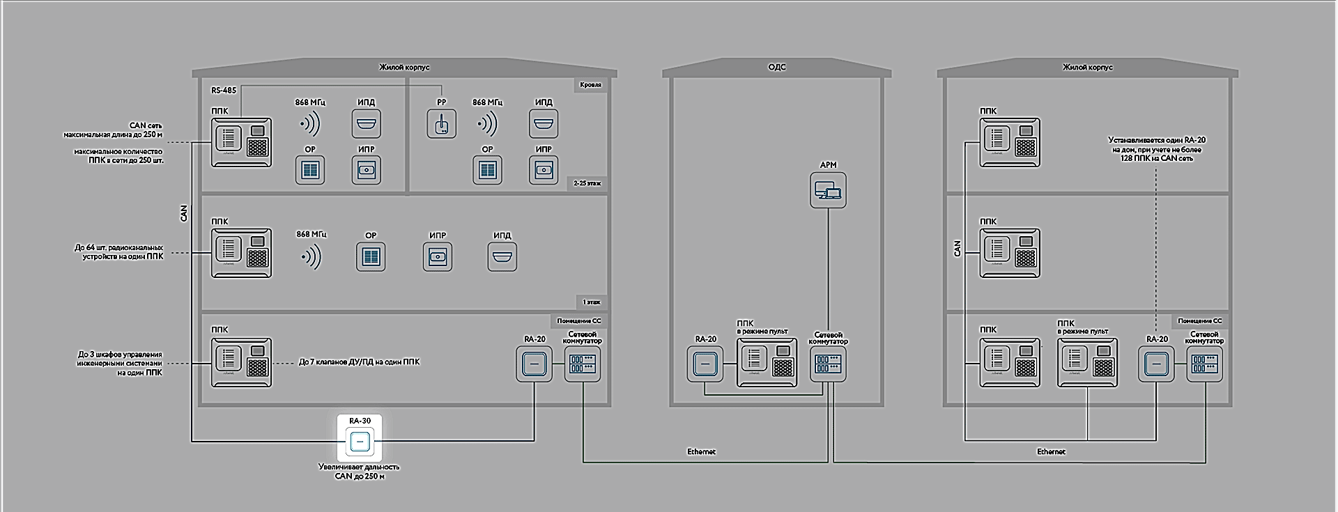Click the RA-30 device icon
click(x=360, y=442)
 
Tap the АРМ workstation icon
click(x=828, y=189)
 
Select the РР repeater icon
click(x=441, y=123)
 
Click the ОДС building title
click(x=776, y=67)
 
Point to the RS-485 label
click(x=224, y=91)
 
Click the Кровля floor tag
click(x=590, y=85)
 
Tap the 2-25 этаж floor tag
click(x=587, y=184)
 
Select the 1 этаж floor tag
click(x=591, y=302)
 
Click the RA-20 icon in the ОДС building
click(x=705, y=364)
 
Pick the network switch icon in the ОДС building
click(x=828, y=364)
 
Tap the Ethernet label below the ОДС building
click(x=701, y=451)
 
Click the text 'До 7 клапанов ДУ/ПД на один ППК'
click(x=359, y=362)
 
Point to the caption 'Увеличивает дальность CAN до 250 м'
click(x=359, y=472)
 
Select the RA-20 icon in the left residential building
click(x=535, y=364)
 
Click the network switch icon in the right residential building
click(x=1204, y=364)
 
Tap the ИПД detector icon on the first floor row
click(x=502, y=257)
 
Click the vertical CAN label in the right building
click(x=957, y=249)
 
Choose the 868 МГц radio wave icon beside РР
click(x=488, y=124)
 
